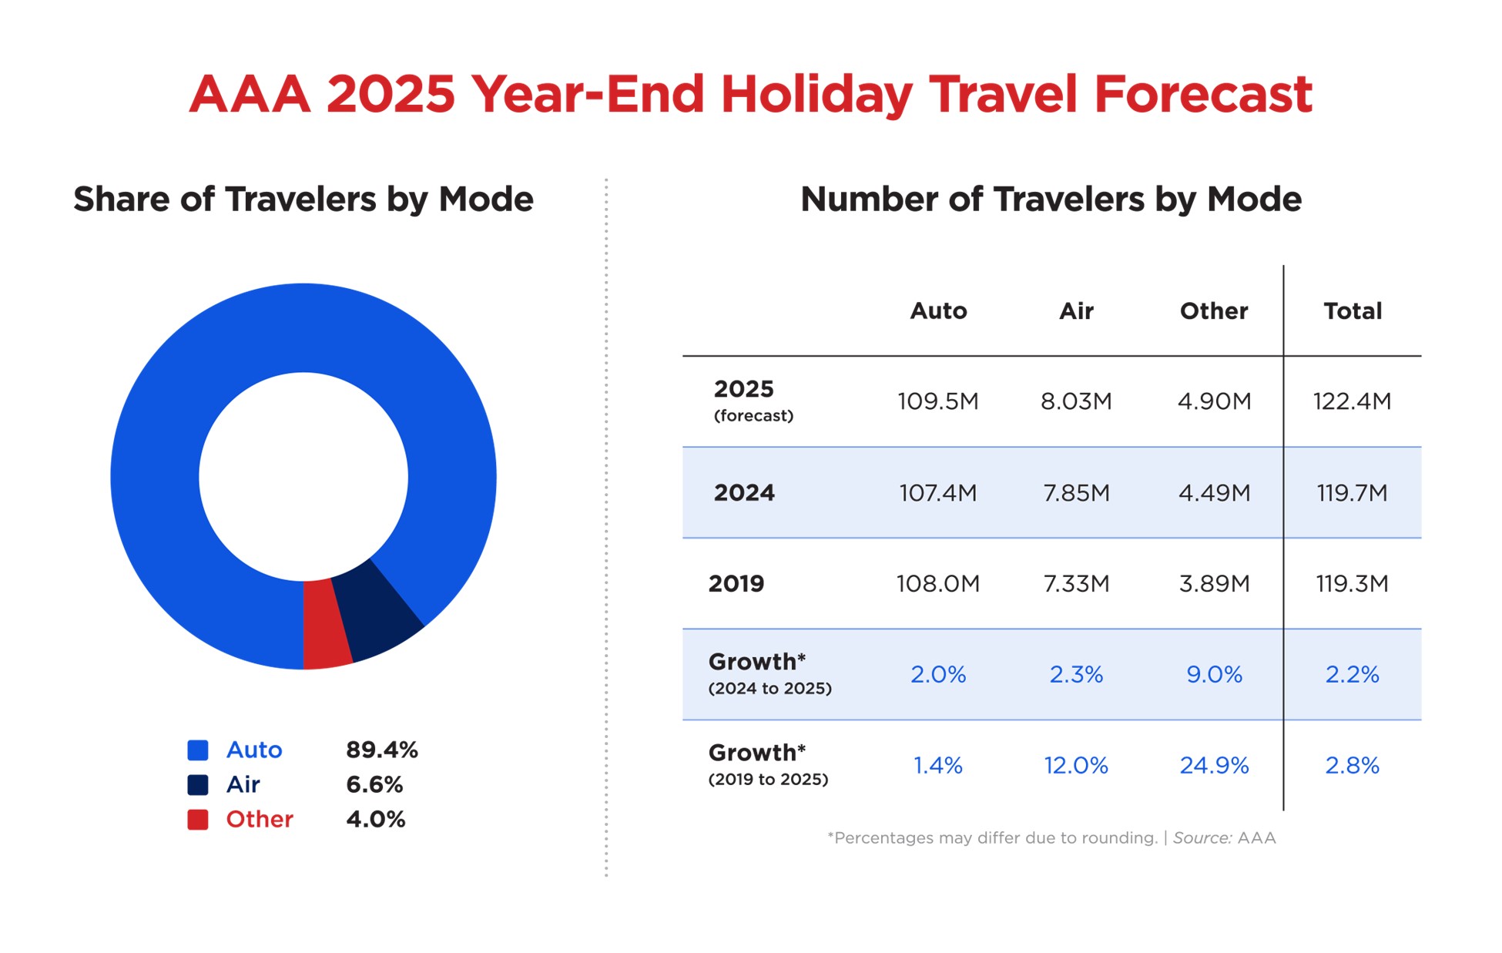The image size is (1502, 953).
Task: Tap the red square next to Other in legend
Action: (x=198, y=820)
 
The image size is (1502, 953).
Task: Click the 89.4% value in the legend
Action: (x=381, y=750)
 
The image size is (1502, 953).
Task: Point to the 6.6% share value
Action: (x=374, y=785)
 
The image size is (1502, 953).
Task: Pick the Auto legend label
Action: (x=254, y=750)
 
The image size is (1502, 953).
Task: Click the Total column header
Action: (x=1353, y=311)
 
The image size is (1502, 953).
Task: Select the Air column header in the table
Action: (x=1076, y=311)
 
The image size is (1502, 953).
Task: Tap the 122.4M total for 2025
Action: (x=1352, y=401)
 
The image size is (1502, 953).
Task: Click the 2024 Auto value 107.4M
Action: (x=937, y=493)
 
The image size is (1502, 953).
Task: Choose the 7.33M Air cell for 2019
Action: (x=1076, y=584)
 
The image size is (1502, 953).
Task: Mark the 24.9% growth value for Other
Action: (x=1214, y=766)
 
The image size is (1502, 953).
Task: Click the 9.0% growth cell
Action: (x=1214, y=675)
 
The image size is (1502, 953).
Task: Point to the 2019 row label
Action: (x=736, y=584)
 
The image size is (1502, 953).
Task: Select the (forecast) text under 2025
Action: (x=753, y=416)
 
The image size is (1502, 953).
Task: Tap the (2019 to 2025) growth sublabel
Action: (x=768, y=780)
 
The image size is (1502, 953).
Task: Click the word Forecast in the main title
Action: (x=1202, y=95)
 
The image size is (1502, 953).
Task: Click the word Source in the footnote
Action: (x=1202, y=838)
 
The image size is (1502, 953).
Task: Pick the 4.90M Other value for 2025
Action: (x=1214, y=401)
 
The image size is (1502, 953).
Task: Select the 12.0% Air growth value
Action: (x=1076, y=766)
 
